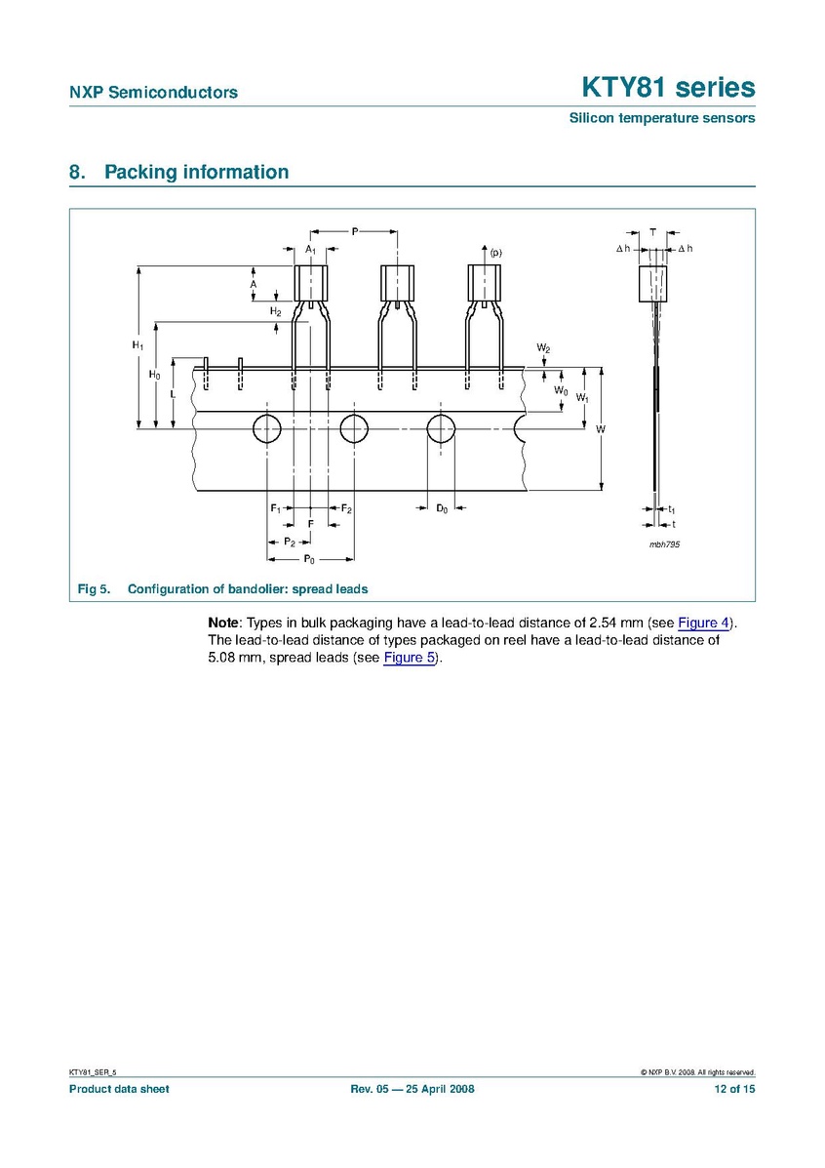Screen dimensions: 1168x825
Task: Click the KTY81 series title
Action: [x=668, y=88]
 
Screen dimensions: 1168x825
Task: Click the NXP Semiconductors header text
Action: [x=153, y=93]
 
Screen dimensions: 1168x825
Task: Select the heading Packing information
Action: [x=196, y=173]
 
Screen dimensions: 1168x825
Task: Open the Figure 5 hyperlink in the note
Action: [x=411, y=657]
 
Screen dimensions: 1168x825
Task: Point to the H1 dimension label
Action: [x=137, y=345]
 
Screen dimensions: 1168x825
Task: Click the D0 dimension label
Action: [x=442, y=508]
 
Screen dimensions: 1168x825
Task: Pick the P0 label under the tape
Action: [x=309, y=559]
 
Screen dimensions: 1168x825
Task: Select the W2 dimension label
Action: [x=543, y=348]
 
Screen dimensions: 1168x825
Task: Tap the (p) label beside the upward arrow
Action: [x=495, y=254]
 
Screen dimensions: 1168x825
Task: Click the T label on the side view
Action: [x=652, y=231]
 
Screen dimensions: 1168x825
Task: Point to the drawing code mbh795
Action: [x=664, y=544]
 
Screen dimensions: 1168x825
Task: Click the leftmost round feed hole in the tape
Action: [x=266, y=427]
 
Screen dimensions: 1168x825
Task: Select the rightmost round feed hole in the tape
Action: [x=441, y=427]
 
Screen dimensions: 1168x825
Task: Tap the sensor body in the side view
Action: [x=652, y=283]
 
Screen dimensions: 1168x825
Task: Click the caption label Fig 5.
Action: [x=94, y=589]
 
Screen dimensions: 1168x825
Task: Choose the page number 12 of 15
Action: [x=734, y=1089]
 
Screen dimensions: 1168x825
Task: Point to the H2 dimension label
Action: [x=275, y=311]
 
